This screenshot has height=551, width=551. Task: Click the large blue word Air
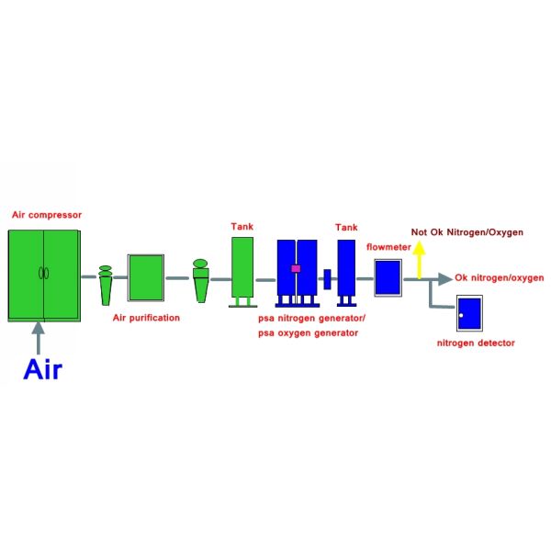(42, 369)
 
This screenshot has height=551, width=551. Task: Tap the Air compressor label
(47, 215)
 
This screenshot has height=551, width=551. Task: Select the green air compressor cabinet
(44, 275)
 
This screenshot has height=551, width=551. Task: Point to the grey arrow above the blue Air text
(38, 338)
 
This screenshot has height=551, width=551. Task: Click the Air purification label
(146, 318)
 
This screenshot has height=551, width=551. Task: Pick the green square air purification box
(146, 277)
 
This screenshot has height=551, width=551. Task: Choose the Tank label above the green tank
(242, 226)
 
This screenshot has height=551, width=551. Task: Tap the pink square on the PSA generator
(296, 268)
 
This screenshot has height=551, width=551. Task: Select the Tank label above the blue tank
(346, 228)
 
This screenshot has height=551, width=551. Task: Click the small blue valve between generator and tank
(327, 279)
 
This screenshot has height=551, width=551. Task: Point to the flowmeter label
(388, 247)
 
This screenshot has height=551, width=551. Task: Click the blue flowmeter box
(388, 277)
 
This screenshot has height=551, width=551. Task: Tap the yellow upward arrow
(419, 260)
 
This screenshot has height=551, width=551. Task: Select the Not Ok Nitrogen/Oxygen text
(467, 232)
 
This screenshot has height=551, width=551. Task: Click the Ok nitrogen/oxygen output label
(500, 278)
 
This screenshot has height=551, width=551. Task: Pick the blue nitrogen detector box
(469, 313)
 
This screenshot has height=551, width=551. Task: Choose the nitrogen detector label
(476, 343)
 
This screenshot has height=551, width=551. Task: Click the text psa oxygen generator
(309, 333)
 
